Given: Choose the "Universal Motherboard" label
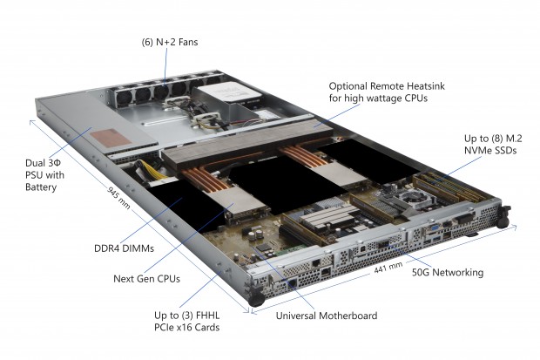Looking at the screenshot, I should tap(326, 315).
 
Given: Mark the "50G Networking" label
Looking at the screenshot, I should tap(446, 273).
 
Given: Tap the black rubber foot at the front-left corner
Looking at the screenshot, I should tap(258, 298).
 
